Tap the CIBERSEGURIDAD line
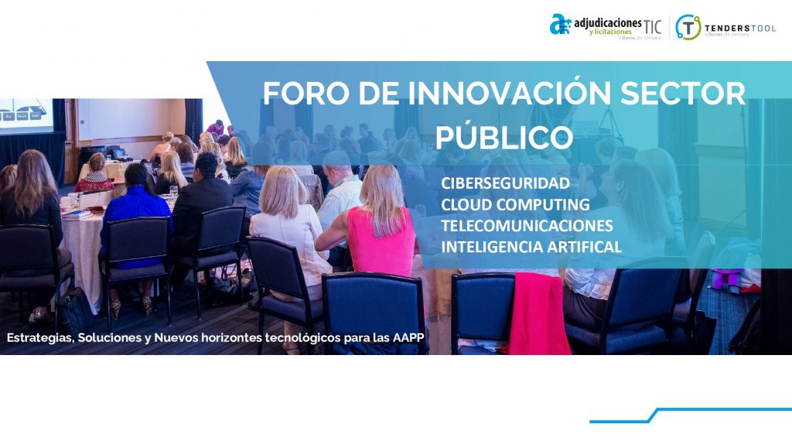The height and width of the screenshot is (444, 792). point(505,183)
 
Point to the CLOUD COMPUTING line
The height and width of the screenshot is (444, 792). point(515,204)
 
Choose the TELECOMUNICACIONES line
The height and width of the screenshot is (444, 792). point(527,225)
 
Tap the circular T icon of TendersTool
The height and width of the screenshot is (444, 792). point(688,27)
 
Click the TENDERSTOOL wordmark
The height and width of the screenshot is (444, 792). point(740,29)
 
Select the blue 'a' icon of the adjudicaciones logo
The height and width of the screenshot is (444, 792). point(560,24)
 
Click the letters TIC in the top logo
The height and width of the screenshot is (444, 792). point(652,26)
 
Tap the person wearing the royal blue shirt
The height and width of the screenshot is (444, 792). point(136,218)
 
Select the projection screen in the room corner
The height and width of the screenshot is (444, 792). point(26,115)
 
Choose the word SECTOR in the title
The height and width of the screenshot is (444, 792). point(682,93)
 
